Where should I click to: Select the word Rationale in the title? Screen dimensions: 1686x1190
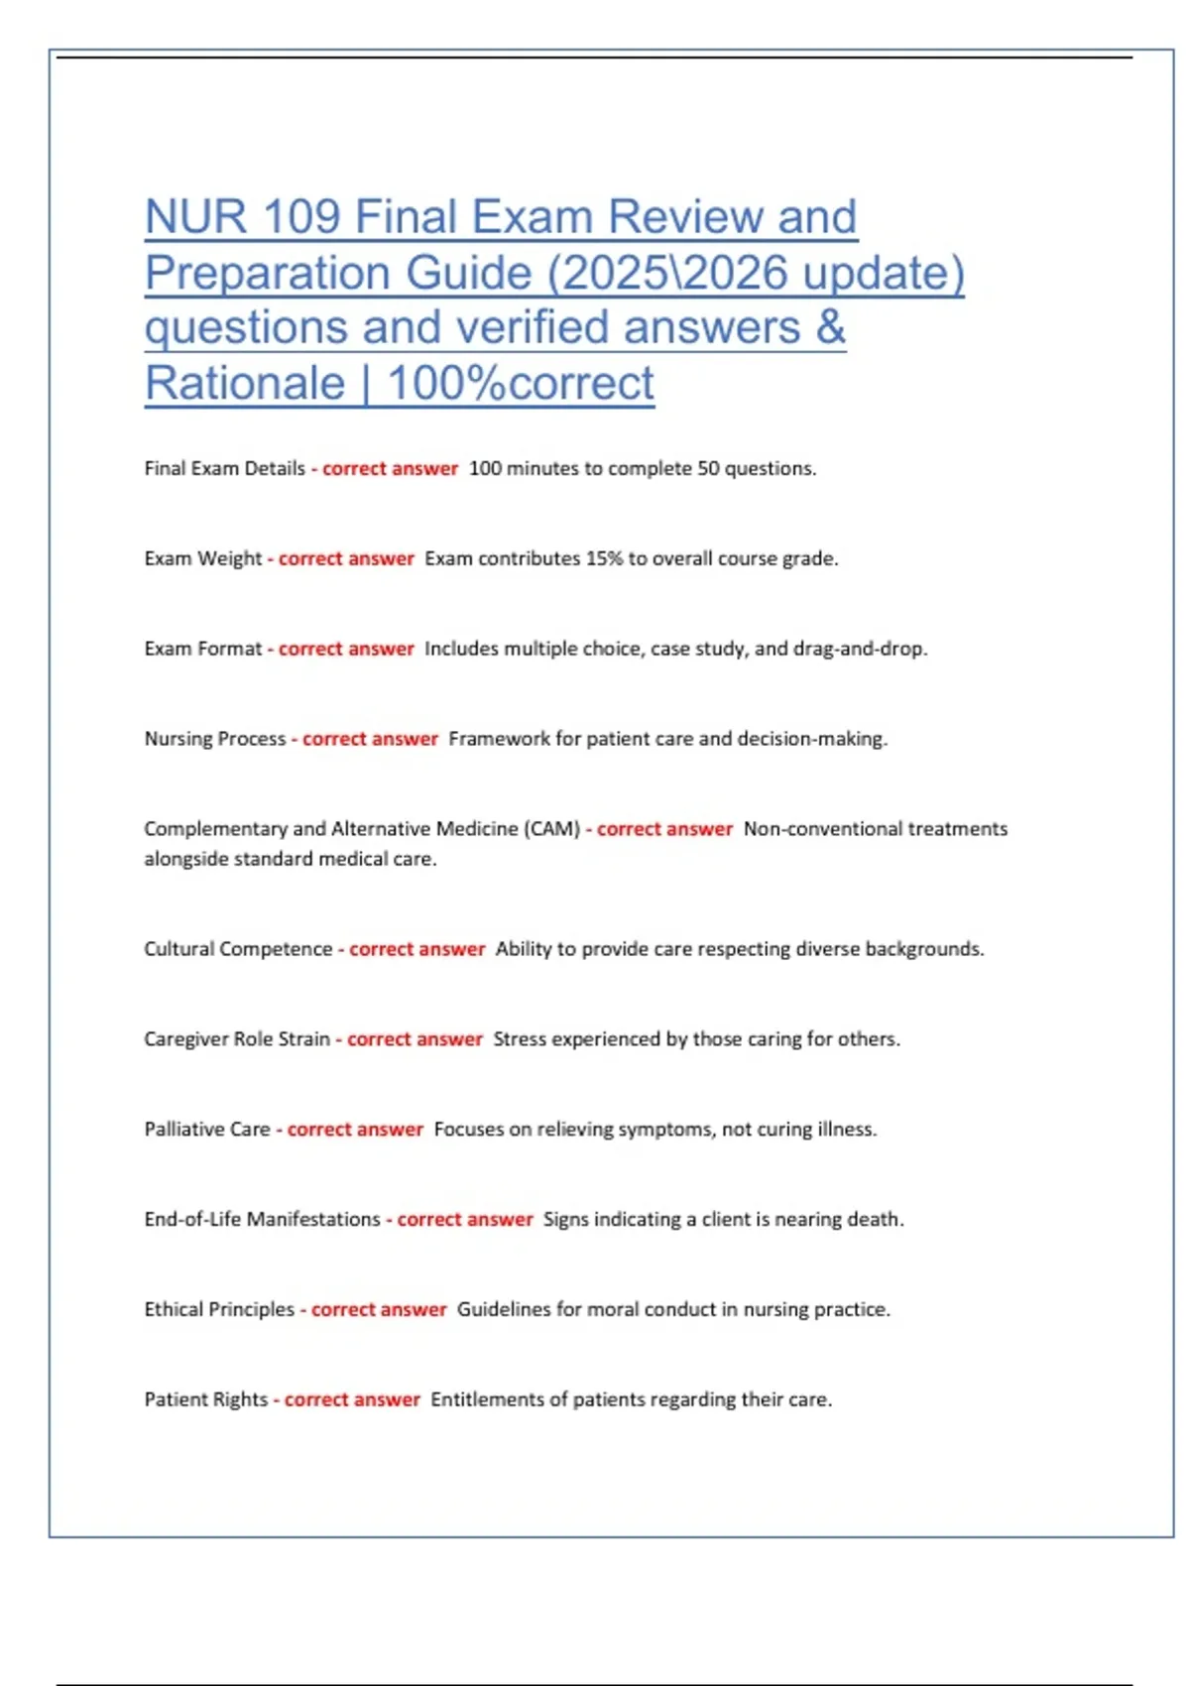245,384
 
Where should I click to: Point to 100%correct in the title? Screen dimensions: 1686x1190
522,384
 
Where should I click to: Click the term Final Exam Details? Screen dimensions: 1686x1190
224,468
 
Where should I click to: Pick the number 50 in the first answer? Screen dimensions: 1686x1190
708,468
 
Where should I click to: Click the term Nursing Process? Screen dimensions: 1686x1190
214,739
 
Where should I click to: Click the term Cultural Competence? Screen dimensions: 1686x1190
238,949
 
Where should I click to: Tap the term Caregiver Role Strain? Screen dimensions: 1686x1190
237,1039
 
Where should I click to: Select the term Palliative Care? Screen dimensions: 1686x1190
207,1130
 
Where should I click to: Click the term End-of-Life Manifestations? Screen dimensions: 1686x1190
262,1220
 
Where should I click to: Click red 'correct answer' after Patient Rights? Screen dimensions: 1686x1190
352,1400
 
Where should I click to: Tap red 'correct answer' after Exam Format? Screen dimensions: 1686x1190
346,649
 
